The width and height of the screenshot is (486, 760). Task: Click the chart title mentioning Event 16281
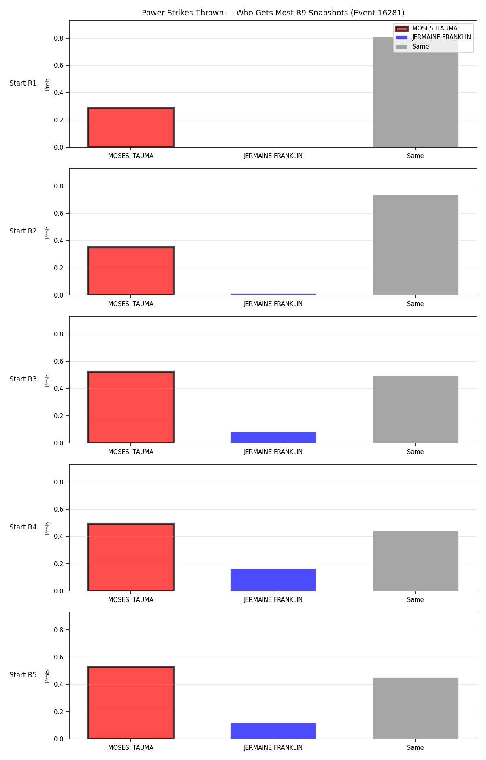tap(273, 13)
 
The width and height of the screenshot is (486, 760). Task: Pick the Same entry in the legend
tap(412, 47)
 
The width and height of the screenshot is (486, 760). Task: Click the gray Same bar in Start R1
tap(416, 92)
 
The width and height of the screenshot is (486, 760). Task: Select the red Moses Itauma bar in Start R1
tap(131, 127)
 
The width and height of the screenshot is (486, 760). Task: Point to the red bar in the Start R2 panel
tap(131, 271)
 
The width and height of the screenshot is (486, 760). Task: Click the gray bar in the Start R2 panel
tap(416, 245)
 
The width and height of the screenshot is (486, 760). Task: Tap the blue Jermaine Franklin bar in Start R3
tap(273, 437)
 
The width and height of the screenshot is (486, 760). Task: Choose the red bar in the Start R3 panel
tap(131, 407)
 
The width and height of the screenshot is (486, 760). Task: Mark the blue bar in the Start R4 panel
tap(273, 580)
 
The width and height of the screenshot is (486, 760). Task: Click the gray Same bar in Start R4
tap(416, 561)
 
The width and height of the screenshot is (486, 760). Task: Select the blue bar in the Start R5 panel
tap(273, 731)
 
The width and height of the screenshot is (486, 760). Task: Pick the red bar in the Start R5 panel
tap(131, 703)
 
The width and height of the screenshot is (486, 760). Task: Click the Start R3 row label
tap(23, 379)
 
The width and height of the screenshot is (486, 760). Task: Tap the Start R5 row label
tap(23, 675)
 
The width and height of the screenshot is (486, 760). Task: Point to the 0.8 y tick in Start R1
tap(59, 38)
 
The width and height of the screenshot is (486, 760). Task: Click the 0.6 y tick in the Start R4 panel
tap(59, 509)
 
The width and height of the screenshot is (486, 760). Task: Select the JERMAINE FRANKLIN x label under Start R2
tap(273, 304)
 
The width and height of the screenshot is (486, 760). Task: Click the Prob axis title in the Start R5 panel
tap(47, 676)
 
